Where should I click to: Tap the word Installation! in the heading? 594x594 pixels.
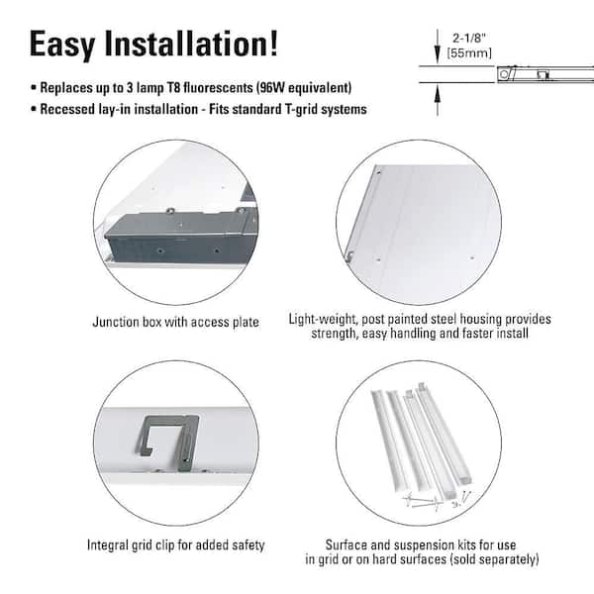pyautogui.click(x=201, y=45)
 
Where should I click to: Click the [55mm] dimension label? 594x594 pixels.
pyautogui.click(x=469, y=51)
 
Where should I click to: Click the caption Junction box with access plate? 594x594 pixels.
pyautogui.click(x=175, y=322)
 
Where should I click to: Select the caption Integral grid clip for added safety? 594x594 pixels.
pyautogui.click(x=176, y=545)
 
